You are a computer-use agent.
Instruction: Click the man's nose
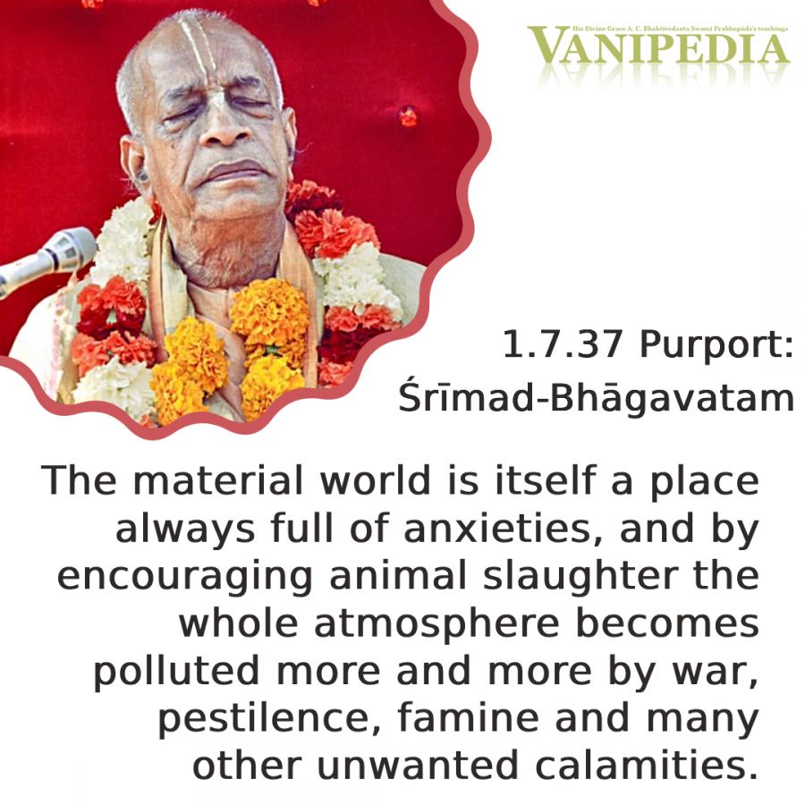click(x=222, y=124)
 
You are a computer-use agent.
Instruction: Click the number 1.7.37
click(x=563, y=344)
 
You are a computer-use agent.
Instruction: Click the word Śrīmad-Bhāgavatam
click(x=596, y=397)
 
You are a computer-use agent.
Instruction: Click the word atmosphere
click(x=436, y=624)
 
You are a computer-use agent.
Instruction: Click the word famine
click(x=468, y=718)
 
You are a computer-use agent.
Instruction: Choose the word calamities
click(x=647, y=766)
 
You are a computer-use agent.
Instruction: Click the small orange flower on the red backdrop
click(x=408, y=116)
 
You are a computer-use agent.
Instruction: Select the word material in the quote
click(x=217, y=481)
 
